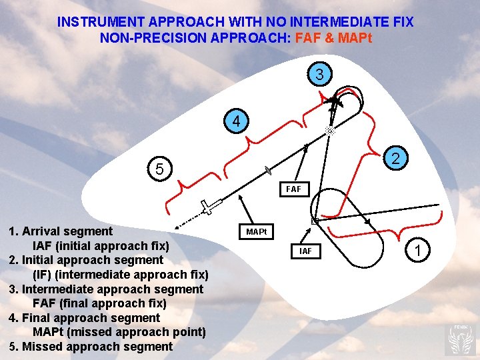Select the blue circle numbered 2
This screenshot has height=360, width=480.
(395, 159)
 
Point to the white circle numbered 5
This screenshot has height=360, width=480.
(159, 169)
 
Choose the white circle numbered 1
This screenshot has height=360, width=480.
(417, 251)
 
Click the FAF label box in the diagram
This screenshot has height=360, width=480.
(293, 189)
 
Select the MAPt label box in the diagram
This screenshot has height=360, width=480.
(256, 232)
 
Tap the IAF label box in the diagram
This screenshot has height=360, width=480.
(305, 251)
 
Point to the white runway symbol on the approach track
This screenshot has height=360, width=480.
(211, 206)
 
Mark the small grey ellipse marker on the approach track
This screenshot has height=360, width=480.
(267, 170)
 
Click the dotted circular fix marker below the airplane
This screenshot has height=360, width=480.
(329, 132)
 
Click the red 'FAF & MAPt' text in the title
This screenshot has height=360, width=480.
(333, 37)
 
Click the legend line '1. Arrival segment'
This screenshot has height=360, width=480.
(60, 231)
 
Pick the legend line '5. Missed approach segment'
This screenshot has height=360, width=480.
(90, 346)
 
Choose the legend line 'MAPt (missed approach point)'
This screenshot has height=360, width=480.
(119, 331)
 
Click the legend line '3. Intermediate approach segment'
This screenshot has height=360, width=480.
(105, 289)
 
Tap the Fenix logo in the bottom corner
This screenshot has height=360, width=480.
(461, 339)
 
